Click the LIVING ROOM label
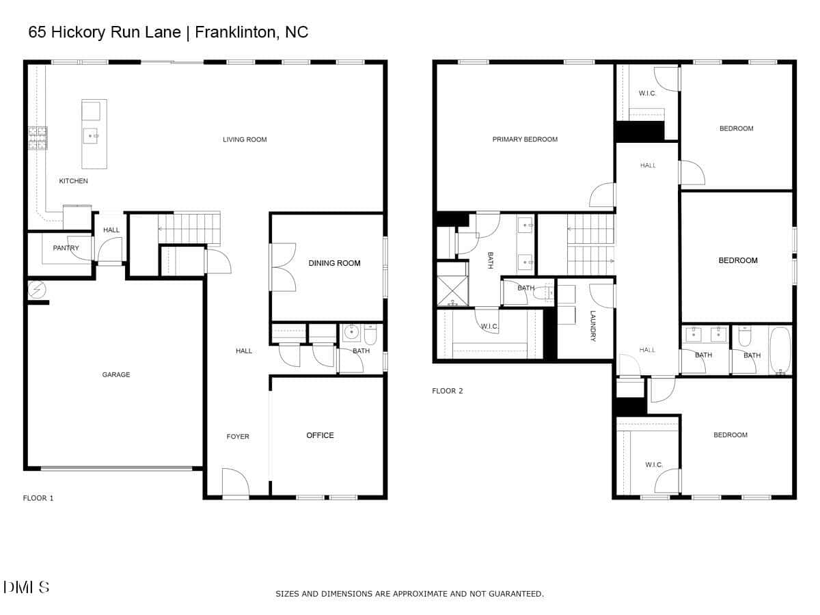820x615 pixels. tap(245, 139)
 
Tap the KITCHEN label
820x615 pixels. tap(73, 181)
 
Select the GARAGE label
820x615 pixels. tap(115, 374)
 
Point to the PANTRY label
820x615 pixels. tap(66, 248)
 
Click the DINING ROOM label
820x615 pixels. tap(334, 263)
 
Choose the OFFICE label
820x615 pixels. tap(320, 435)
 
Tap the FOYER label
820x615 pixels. tap(238, 437)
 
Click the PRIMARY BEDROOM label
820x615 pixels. tap(525, 139)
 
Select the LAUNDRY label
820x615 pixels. tap(593, 326)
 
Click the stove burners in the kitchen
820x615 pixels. tap(38, 138)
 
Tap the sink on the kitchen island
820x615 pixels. tap(91, 136)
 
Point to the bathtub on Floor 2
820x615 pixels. tap(780, 351)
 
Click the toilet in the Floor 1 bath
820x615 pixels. tap(370, 335)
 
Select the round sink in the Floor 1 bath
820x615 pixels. tap(351, 332)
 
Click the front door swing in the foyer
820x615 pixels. tap(236, 482)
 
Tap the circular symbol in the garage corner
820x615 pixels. tap(37, 289)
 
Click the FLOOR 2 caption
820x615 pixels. tap(447, 391)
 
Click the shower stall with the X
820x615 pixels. tap(452, 291)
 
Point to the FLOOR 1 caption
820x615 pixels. tap(38, 498)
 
